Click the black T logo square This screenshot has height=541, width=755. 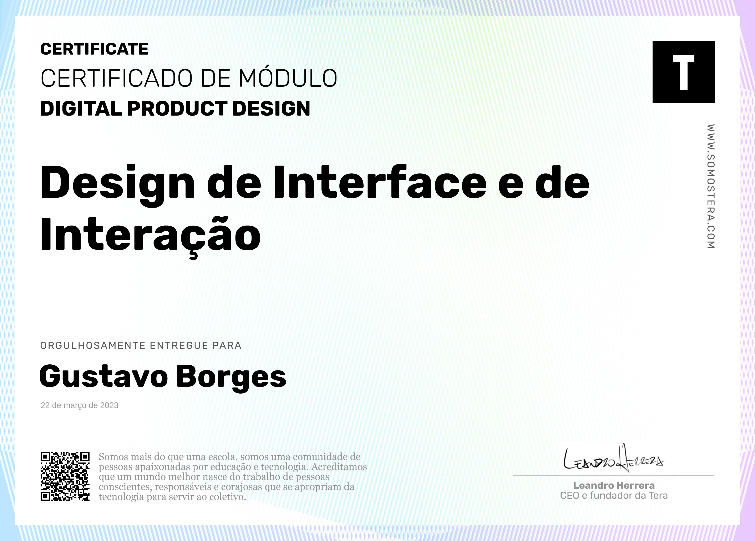pyautogui.click(x=683, y=72)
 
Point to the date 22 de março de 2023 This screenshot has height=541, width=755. pyautogui.click(x=80, y=405)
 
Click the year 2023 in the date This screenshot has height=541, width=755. pyautogui.click(x=109, y=405)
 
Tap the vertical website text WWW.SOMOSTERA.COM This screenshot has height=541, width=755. pyautogui.click(x=711, y=186)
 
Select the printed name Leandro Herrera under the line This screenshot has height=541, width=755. pyautogui.click(x=614, y=485)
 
